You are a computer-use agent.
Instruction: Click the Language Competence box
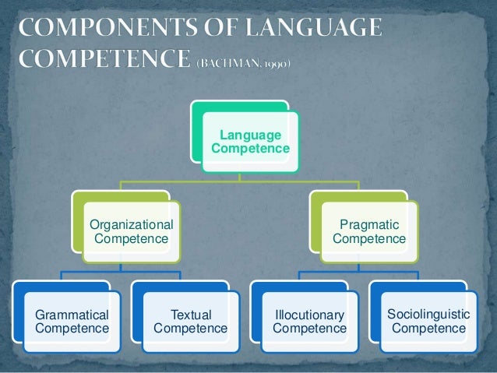click(x=249, y=141)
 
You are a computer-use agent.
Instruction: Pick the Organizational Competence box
click(x=132, y=231)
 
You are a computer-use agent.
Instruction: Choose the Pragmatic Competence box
click(x=368, y=231)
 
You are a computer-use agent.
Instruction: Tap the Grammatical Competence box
click(x=71, y=322)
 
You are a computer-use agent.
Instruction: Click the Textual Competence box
click(x=190, y=322)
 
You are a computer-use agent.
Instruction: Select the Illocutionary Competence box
click(x=309, y=322)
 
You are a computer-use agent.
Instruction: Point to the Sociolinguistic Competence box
click(x=428, y=322)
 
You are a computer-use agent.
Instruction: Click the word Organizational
click(x=131, y=224)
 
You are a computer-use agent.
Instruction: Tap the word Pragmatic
click(x=368, y=224)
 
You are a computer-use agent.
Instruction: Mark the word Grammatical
click(x=72, y=315)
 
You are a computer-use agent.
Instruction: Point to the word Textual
click(x=191, y=315)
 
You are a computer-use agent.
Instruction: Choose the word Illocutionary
click(x=309, y=315)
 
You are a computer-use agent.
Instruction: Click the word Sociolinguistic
click(x=428, y=313)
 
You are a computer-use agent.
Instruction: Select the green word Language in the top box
click(x=250, y=135)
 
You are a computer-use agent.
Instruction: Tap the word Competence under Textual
click(x=191, y=329)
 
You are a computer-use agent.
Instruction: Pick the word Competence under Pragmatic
click(x=368, y=239)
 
